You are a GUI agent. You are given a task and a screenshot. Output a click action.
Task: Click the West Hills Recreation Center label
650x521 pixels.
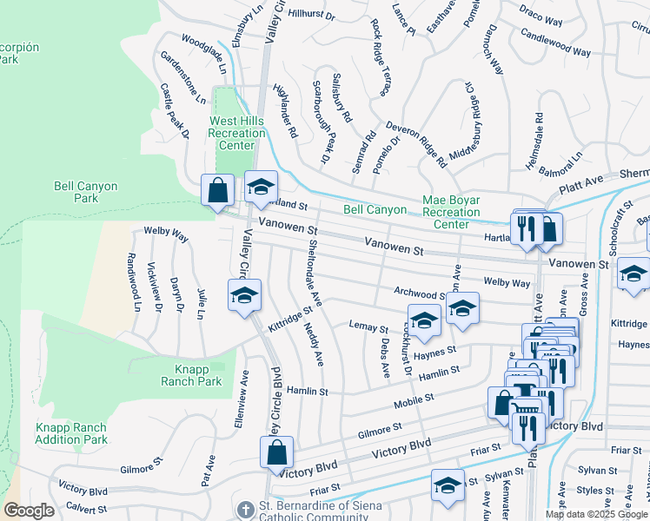click(236, 134)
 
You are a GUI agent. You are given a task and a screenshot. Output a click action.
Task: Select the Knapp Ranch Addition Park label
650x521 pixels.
click(71, 433)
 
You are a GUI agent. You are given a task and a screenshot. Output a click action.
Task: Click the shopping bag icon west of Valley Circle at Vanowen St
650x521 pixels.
click(216, 190)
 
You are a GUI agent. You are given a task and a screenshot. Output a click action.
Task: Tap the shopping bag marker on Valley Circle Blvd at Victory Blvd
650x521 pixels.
click(275, 452)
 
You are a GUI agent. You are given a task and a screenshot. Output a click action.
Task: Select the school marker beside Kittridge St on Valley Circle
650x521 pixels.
click(244, 295)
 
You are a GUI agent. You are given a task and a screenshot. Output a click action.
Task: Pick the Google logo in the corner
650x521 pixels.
click(28, 511)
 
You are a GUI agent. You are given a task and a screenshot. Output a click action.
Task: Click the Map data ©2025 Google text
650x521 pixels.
click(596, 514)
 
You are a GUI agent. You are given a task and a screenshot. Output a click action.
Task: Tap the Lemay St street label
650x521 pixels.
click(368, 328)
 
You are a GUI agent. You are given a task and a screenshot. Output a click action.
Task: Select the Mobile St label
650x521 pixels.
click(414, 399)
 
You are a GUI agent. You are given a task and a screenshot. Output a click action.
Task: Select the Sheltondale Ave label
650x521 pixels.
click(314, 273)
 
